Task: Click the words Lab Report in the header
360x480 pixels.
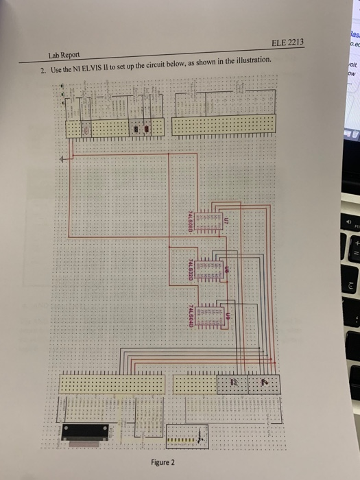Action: click(63, 55)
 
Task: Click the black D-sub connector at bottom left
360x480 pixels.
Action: click(88, 431)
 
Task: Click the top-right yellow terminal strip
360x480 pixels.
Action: click(224, 124)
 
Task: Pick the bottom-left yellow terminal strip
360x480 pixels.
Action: click(112, 384)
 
